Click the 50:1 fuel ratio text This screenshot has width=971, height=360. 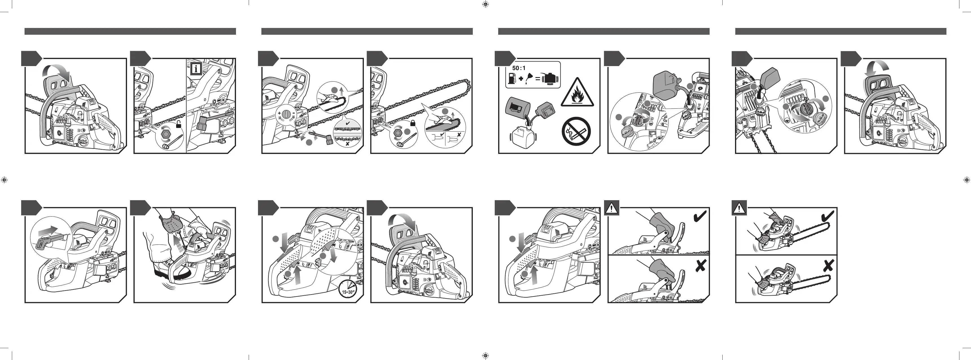click(x=519, y=68)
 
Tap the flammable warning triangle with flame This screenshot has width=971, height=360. click(x=577, y=94)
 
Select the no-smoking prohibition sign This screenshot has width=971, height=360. click(x=576, y=131)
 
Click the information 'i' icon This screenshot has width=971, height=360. click(x=196, y=69)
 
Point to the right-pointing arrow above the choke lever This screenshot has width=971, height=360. click(x=48, y=230)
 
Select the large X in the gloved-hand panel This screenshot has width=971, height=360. click(x=700, y=266)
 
